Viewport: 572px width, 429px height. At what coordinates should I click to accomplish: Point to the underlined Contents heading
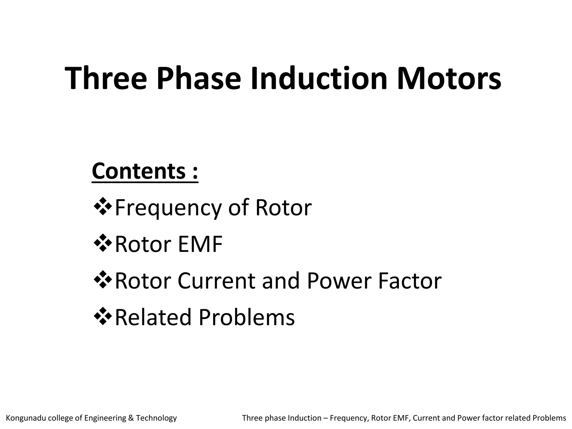pyautogui.click(x=145, y=171)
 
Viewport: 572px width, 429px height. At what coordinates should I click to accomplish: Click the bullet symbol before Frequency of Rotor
pyautogui.click(x=103, y=207)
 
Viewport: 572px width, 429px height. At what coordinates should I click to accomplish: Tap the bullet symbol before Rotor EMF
pyautogui.click(x=103, y=243)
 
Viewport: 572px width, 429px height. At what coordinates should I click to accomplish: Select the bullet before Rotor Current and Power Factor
pyautogui.click(x=103, y=280)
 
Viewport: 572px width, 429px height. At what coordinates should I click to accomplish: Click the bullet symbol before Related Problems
pyautogui.click(x=103, y=316)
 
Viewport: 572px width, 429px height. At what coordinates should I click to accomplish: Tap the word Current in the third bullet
pyautogui.click(x=216, y=281)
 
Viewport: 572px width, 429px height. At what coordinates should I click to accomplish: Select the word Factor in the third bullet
pyautogui.click(x=410, y=281)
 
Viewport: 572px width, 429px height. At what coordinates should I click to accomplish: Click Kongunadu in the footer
pyautogui.click(x=25, y=418)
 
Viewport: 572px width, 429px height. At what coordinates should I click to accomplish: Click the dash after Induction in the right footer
pyautogui.click(x=325, y=418)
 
